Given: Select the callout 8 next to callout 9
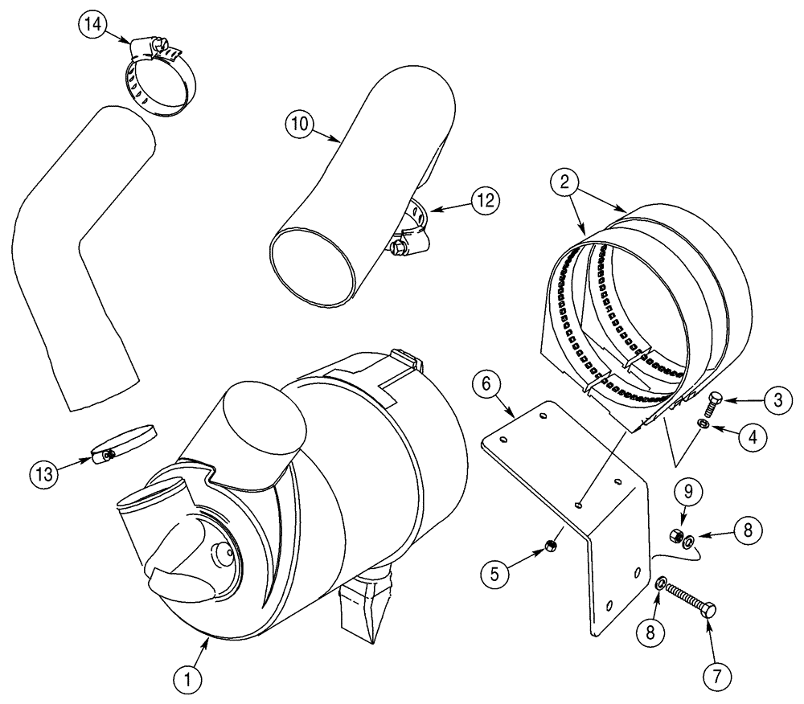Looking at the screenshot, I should pos(745,530).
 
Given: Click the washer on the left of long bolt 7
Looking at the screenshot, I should pos(661,583).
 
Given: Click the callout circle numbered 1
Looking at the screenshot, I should pos(187,680).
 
